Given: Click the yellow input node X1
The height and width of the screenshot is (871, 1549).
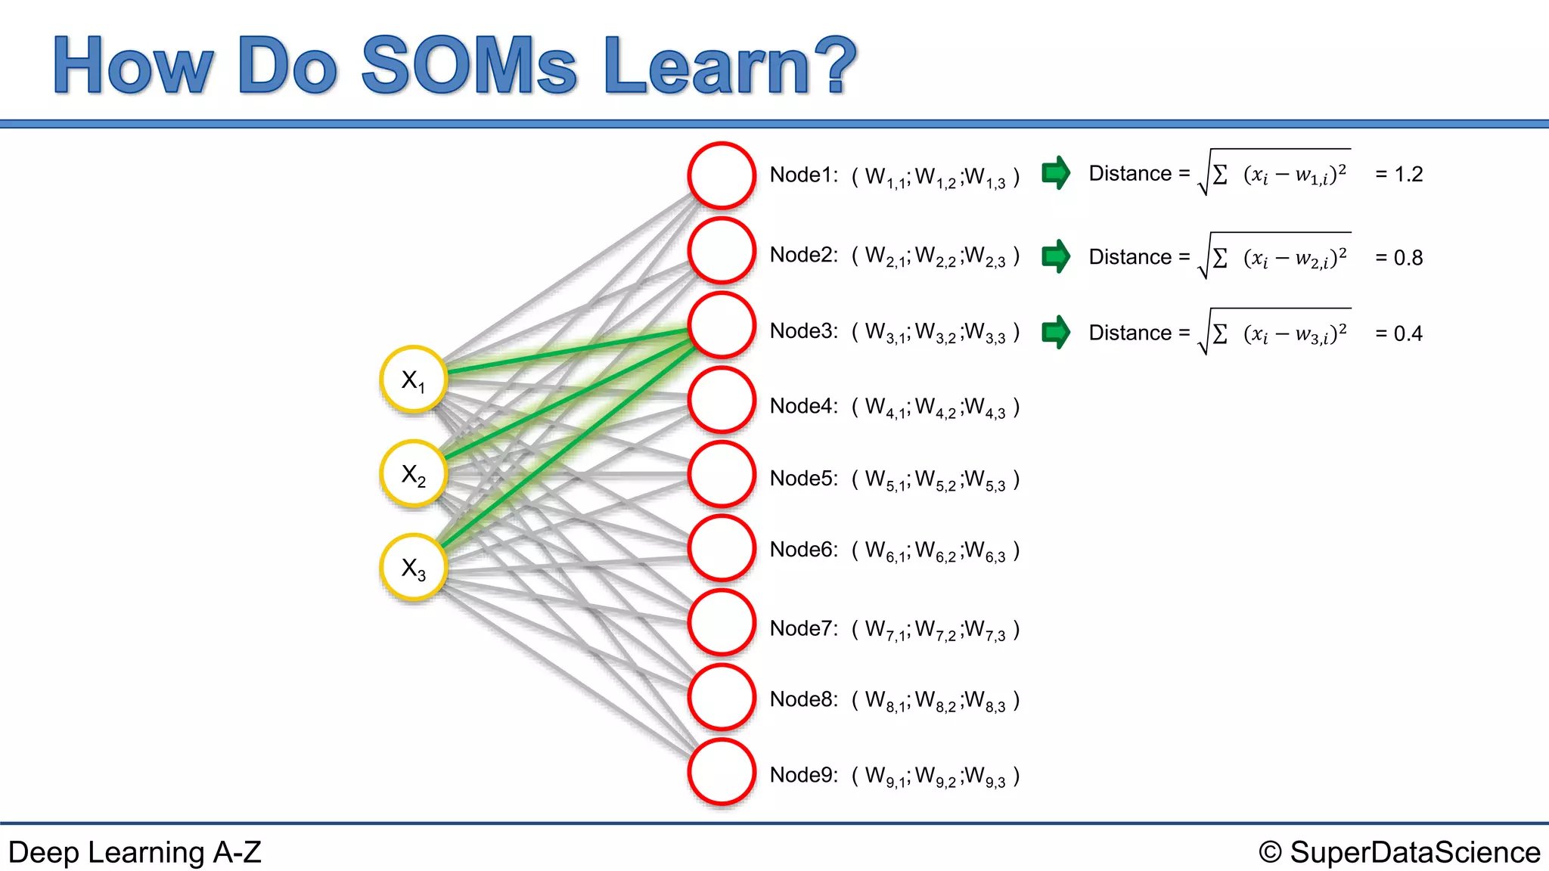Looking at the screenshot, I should (414, 380).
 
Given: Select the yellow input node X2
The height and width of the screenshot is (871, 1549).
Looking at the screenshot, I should (414, 474).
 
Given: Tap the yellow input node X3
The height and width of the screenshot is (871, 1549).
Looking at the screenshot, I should (414, 568).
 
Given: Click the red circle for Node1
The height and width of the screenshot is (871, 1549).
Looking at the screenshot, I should (722, 175).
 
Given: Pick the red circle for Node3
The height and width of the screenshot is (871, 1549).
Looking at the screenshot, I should (722, 325).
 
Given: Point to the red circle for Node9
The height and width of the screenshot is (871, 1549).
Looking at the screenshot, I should (722, 772).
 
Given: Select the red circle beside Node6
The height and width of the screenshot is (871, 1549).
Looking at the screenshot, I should (722, 548).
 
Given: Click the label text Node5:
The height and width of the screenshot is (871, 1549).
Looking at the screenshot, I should (803, 479).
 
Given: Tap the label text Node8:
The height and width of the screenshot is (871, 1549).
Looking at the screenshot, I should (803, 699).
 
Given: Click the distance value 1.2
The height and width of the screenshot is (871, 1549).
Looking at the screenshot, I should (1408, 175).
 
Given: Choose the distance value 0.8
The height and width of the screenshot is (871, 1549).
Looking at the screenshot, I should (1408, 259).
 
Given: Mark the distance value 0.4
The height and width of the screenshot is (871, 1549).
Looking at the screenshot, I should (1408, 334).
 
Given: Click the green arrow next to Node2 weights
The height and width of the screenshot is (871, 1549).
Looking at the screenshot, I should (1056, 256).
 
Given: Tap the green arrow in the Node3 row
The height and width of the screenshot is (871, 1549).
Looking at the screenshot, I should (1056, 332).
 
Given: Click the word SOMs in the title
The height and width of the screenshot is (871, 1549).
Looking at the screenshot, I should (469, 66).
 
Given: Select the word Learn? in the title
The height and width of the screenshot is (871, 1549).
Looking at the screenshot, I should (730, 66).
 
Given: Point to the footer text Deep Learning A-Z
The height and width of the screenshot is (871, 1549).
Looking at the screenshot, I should (135, 853).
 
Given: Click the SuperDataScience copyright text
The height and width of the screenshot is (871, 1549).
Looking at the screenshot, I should (1399, 853).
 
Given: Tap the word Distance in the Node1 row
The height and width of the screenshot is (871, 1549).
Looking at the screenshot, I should (1130, 174).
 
